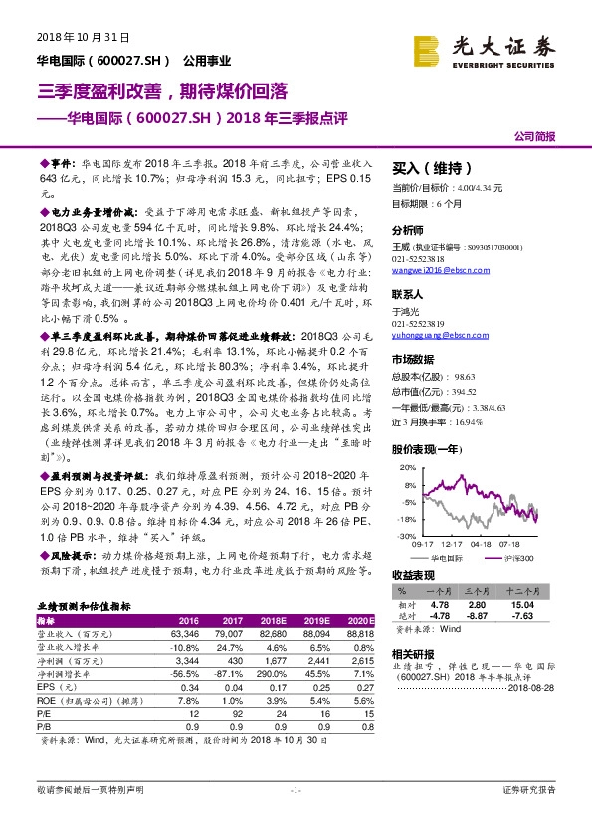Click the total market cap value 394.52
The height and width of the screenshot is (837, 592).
coord(466,392)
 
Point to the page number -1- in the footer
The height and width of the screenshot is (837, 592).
coord(295,817)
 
